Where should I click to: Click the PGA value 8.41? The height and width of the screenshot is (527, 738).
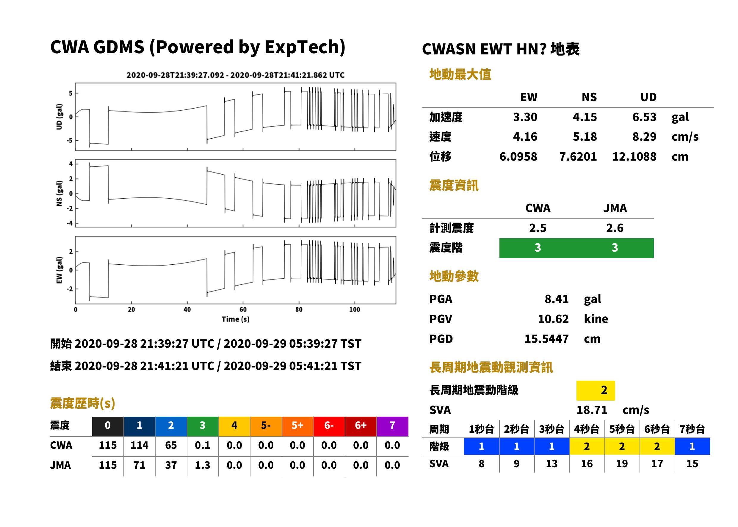pos(556,299)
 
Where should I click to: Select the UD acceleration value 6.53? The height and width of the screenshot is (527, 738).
pos(644,117)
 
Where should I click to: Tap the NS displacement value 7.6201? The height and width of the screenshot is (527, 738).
pos(578,156)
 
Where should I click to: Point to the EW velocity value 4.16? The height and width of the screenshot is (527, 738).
pos(525,137)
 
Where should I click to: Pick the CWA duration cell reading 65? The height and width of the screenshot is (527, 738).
pos(171,445)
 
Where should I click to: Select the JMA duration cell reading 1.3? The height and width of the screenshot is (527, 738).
pos(202,465)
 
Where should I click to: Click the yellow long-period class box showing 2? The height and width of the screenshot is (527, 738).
pos(596,390)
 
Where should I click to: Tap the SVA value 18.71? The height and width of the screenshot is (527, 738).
pos(592,410)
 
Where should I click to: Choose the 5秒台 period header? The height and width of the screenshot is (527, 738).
pos(622,429)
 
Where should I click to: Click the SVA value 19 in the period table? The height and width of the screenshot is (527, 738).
pos(622,464)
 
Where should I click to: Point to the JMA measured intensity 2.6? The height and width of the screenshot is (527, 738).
pos(615,228)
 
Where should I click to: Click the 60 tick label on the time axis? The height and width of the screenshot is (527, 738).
pos(243,310)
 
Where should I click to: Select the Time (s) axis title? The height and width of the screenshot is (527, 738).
pos(236,319)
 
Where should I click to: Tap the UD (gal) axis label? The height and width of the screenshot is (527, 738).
pos(59,117)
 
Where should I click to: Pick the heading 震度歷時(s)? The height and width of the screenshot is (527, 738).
pos(83,403)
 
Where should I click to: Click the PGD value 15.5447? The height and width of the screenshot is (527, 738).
pos(546,339)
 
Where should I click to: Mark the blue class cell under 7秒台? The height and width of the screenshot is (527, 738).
pos(692,446)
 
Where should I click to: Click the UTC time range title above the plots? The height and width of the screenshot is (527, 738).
pos(236,75)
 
